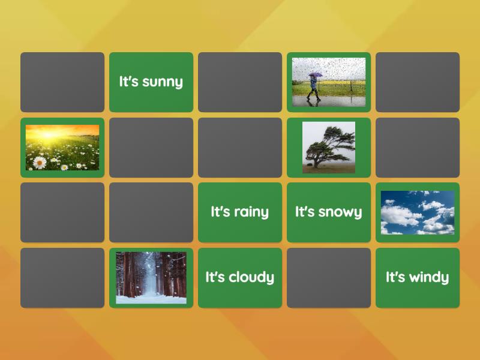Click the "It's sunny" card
click(x=151, y=82)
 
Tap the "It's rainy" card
click(x=239, y=212)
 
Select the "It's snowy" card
click(x=328, y=212)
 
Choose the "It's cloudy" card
click(x=239, y=277)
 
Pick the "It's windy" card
click(x=417, y=277)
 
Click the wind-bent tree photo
click(x=328, y=148)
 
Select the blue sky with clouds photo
click(x=417, y=212)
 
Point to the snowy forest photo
click(x=151, y=278)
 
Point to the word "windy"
click(x=428, y=277)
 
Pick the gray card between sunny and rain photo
click(x=239, y=82)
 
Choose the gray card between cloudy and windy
click(x=328, y=278)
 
